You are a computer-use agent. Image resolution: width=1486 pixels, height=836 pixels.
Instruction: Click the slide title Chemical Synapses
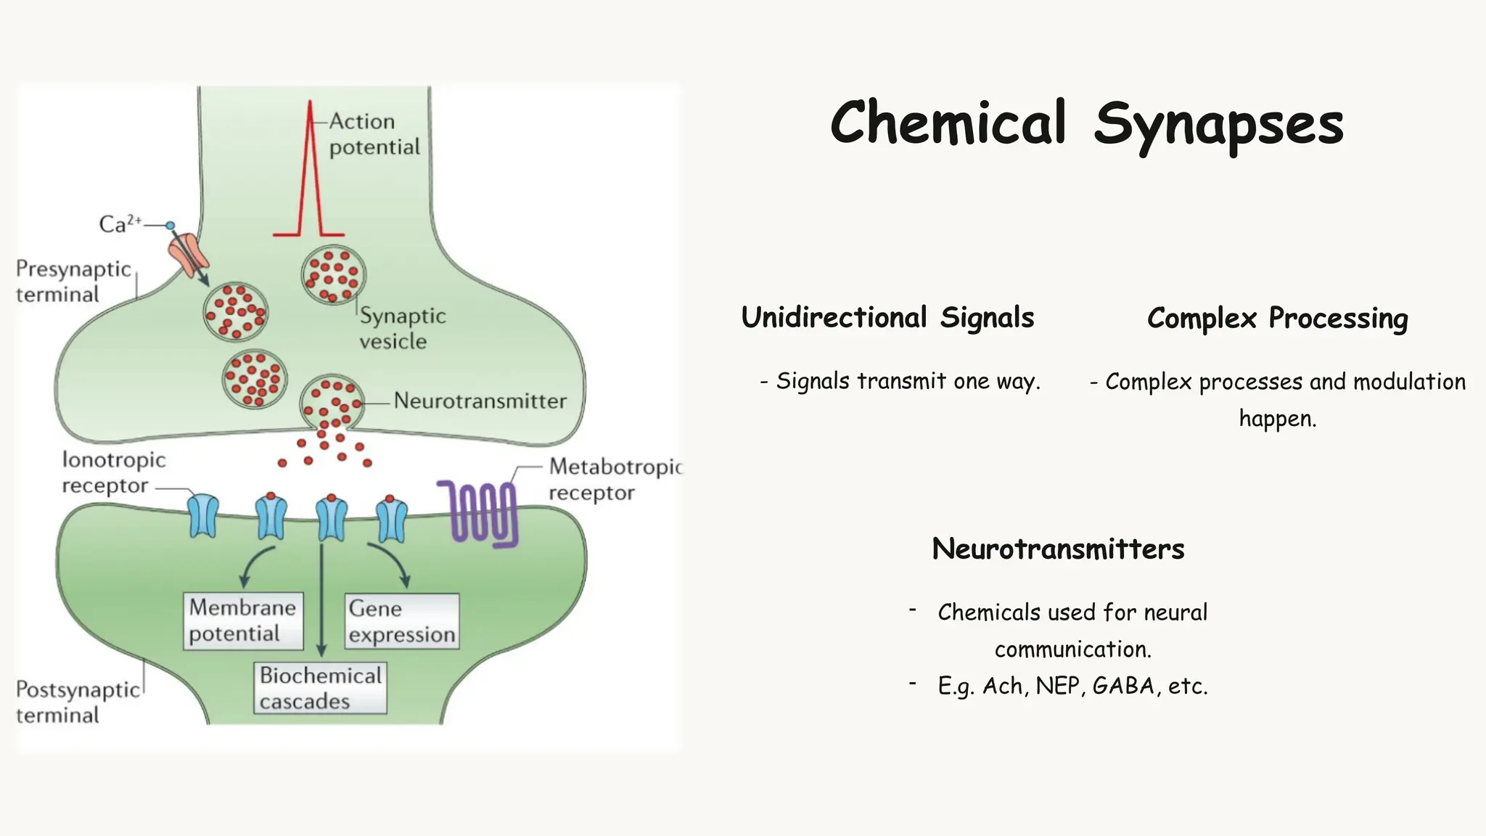tap(1086, 123)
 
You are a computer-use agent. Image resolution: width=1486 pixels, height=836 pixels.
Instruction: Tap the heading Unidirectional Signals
tap(887, 318)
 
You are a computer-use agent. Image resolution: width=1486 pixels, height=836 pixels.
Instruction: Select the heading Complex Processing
tap(1277, 319)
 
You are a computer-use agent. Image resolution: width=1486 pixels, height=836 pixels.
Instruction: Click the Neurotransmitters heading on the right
tap(1058, 549)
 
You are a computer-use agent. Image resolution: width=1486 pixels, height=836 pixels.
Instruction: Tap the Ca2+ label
tap(120, 224)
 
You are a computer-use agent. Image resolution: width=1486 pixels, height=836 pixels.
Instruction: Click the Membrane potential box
tap(242, 620)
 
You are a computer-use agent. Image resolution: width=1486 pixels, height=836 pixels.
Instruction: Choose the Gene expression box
tap(401, 621)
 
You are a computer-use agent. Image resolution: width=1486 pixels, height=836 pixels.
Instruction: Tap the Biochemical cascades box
tap(320, 688)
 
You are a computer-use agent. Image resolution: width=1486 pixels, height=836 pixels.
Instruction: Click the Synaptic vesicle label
tap(402, 328)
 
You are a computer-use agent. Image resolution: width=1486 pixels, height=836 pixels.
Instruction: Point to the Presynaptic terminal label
tap(73, 282)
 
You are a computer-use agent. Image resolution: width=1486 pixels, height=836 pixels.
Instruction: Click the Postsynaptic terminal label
tap(77, 702)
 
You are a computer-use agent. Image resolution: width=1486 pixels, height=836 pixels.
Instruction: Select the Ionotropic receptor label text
tap(113, 472)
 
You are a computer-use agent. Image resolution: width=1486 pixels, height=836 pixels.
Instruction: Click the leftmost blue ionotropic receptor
tap(204, 516)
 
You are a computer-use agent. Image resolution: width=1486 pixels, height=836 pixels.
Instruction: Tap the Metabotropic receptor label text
tap(614, 479)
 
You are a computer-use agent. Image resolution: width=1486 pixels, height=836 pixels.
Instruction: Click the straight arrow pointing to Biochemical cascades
tap(321, 602)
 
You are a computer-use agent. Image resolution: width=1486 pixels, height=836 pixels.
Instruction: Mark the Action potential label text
tap(373, 134)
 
